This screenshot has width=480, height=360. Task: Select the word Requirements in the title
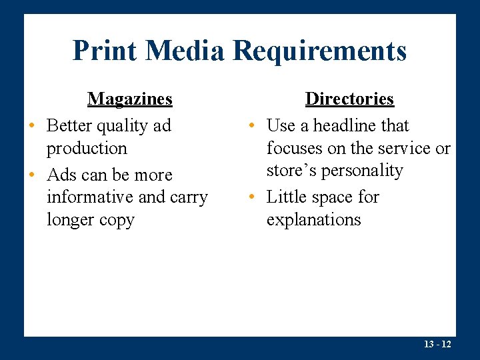[x=321, y=51]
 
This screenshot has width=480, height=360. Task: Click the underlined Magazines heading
[x=130, y=99]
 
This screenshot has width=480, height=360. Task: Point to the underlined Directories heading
[x=349, y=99]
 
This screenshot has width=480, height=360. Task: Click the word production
[x=87, y=149]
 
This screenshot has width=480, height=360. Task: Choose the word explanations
[x=313, y=220]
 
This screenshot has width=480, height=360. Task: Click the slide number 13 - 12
[x=437, y=344]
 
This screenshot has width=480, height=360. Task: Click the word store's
[x=290, y=171]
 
